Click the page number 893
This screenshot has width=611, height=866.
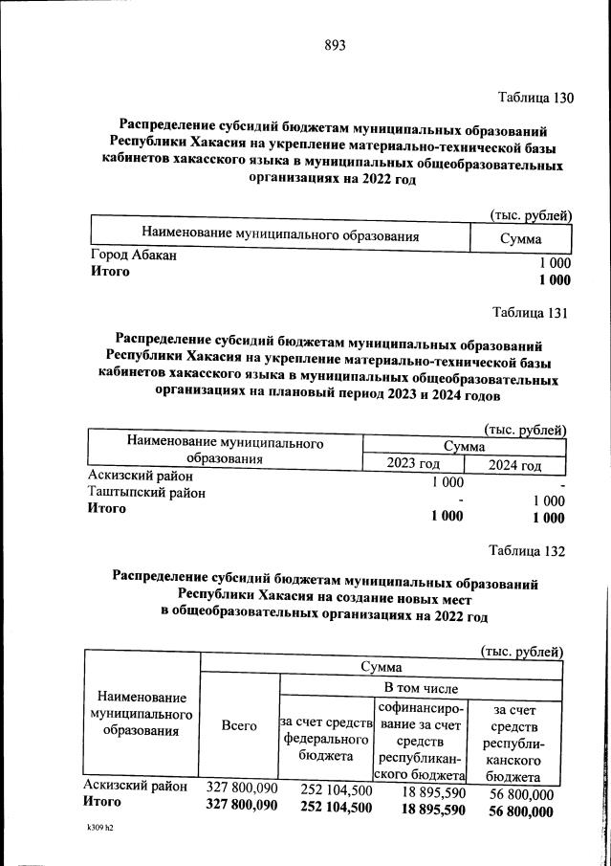[x=334, y=46]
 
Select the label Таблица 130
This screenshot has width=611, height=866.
[x=535, y=98]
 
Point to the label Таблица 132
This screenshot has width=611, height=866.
[x=527, y=551]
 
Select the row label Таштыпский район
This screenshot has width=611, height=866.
[x=146, y=493]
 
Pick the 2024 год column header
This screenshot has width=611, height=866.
[x=514, y=466]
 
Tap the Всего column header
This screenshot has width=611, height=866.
[x=239, y=726]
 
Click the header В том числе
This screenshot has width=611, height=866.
[x=421, y=688]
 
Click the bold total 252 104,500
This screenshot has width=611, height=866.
[x=322, y=808]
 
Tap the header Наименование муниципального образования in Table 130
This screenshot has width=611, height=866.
[x=280, y=234]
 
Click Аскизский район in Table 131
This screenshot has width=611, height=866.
[x=140, y=476]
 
